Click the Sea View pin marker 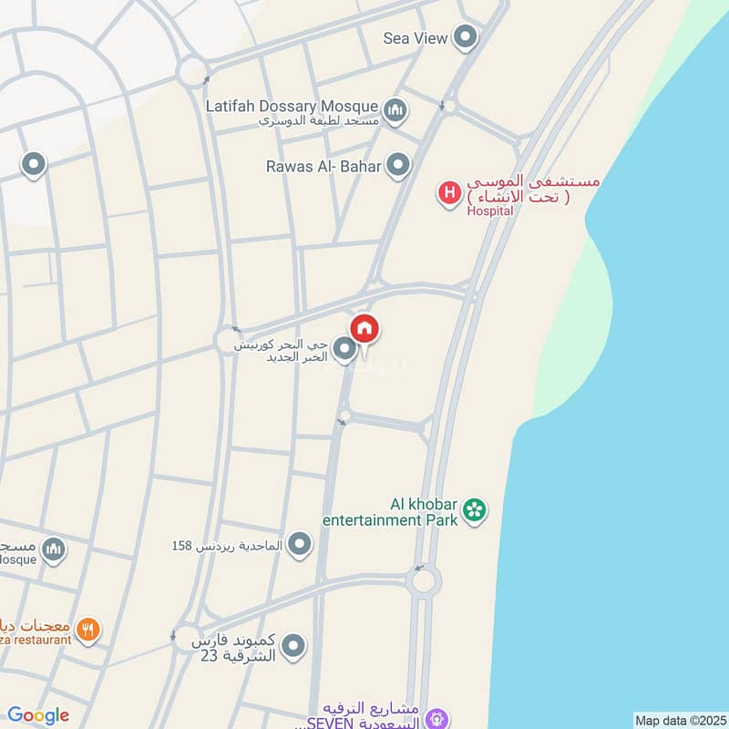[x=466, y=37]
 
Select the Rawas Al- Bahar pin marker [x=397, y=165]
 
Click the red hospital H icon [x=448, y=193]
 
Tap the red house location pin [x=364, y=329]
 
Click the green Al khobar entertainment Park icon [x=474, y=510]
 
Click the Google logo [x=38, y=715]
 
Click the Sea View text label [x=416, y=38]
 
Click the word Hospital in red [x=489, y=210]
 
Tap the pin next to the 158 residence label [x=300, y=546]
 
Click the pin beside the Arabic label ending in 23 [x=293, y=647]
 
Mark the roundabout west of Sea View [x=193, y=69]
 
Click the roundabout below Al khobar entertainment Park [x=424, y=580]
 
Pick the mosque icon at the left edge [x=54, y=549]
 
